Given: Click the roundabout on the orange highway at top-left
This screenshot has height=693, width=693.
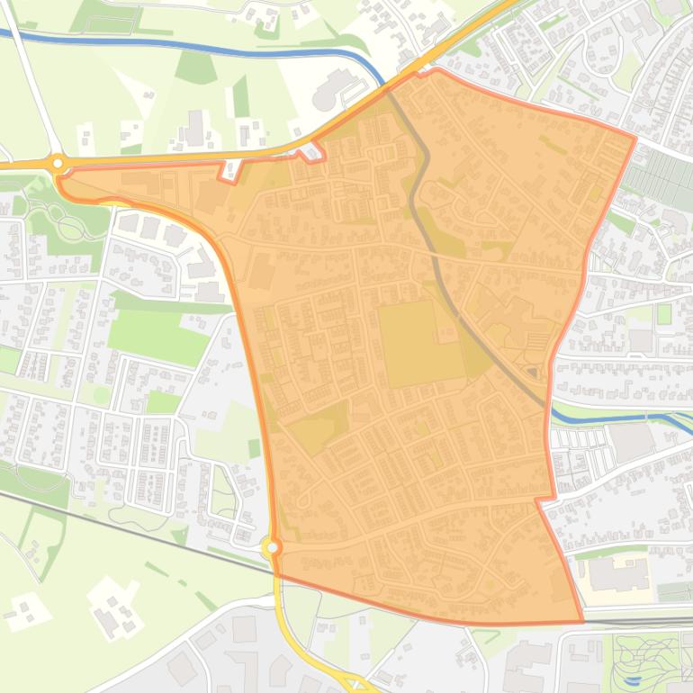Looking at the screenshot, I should (58, 163).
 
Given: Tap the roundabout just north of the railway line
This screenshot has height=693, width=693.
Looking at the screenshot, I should (272, 546).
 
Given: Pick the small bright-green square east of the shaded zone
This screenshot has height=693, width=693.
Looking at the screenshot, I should (664, 314).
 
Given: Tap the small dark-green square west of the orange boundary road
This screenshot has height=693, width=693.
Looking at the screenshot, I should (255, 447).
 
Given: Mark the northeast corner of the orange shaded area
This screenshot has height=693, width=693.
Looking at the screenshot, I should (634, 139).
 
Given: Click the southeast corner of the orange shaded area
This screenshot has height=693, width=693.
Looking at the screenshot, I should (582, 621).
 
